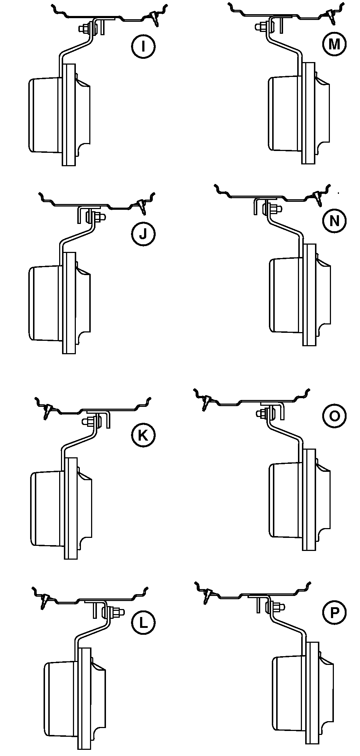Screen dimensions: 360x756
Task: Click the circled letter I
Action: (x=143, y=46)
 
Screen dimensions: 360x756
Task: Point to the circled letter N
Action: (x=334, y=221)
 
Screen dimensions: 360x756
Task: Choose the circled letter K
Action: (x=143, y=435)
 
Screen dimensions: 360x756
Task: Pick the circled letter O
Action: (x=334, y=416)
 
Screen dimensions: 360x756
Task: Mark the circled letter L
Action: (x=143, y=623)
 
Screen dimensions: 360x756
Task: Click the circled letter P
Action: (x=334, y=613)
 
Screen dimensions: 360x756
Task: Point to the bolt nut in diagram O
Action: (x=262, y=413)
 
